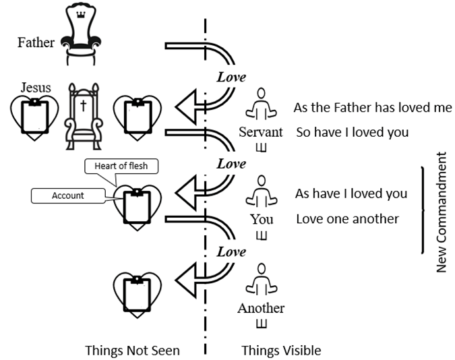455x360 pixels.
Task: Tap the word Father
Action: (36, 42)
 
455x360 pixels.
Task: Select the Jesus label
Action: (36, 88)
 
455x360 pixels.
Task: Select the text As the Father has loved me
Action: (372, 108)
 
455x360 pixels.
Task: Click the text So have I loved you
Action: (352, 132)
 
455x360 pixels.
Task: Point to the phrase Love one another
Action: (347, 219)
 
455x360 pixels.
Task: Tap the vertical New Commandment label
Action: (442, 212)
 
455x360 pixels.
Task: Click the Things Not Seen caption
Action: (132, 351)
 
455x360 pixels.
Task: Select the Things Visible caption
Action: (281, 351)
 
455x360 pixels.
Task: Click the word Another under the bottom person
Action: (261, 309)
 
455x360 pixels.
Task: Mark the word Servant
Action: (261, 132)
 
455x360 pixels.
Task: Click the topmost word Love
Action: (231, 76)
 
